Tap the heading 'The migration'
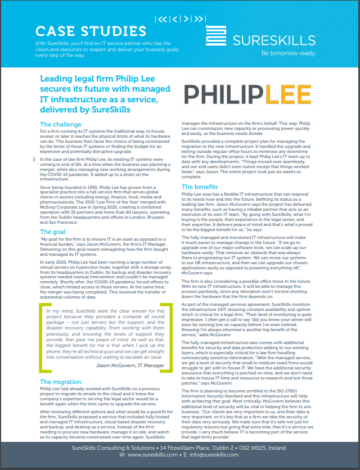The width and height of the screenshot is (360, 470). pos(61,382)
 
